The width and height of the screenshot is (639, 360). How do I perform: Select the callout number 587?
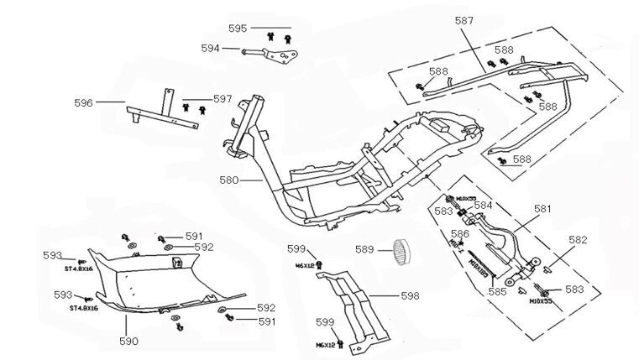[x=488, y=20]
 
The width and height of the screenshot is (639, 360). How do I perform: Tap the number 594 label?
[x=211, y=49]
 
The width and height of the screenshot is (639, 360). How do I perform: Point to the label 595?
[x=238, y=29]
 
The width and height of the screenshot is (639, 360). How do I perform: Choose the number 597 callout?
[x=222, y=99]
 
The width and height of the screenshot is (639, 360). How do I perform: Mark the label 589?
[x=364, y=248]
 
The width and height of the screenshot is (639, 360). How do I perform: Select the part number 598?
[x=410, y=295]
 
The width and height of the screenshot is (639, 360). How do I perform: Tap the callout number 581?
[x=542, y=209]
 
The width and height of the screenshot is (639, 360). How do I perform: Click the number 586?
[x=460, y=233]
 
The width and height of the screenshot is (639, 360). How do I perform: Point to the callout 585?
[x=497, y=293]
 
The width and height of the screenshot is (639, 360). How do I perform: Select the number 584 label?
[x=484, y=204]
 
